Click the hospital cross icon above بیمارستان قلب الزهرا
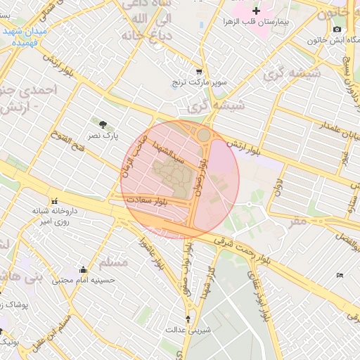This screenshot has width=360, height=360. pyautogui.click(x=256, y=11)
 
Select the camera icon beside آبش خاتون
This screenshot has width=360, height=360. pyautogui.click(x=337, y=29)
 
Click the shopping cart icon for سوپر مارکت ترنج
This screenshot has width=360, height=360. pyautogui.click(x=199, y=72)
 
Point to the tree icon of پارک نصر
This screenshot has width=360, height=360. pyautogui.click(x=105, y=124)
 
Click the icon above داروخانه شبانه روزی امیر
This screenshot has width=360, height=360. pyautogui.click(x=54, y=200)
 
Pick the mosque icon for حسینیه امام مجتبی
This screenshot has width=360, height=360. pyautogui.click(x=83, y=269)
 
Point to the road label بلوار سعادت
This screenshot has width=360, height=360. pyautogui.click(x=146, y=201)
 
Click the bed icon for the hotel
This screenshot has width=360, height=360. pyautogui.click(x=340, y=275)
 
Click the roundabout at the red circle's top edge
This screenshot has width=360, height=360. pyautogui.click(x=203, y=134)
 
